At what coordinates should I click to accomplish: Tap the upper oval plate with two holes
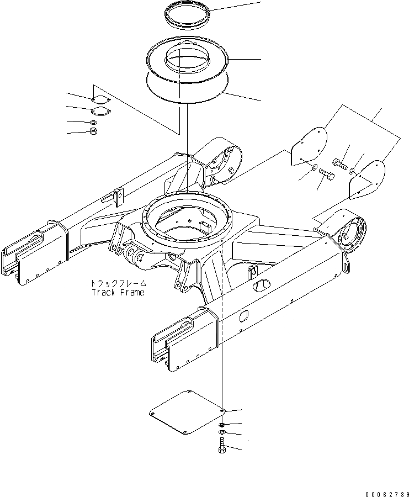99,99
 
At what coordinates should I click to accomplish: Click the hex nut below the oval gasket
94,131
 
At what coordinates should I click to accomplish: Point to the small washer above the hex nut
93,121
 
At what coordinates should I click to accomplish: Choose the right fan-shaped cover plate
366,178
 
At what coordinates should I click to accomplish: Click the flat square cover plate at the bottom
185,414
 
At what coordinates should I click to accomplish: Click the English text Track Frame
118,292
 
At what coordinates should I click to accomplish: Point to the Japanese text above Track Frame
118,283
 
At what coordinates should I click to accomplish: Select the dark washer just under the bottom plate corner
221,424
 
